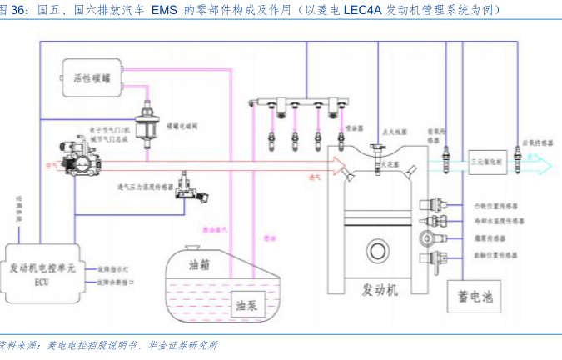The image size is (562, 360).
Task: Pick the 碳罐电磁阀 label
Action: click(182, 123)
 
